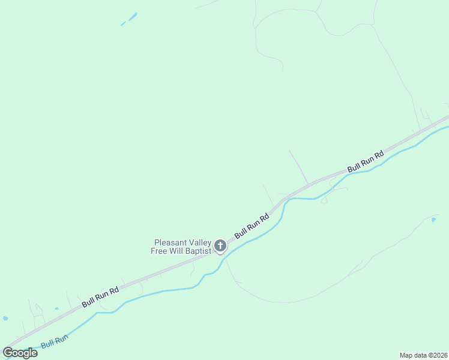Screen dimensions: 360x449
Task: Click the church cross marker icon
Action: [x=220, y=245]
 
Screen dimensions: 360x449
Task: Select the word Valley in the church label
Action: [x=199, y=242]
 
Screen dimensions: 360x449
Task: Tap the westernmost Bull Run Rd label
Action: [x=100, y=297]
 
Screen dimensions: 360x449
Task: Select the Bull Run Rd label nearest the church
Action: [x=252, y=225]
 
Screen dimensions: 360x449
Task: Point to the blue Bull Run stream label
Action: [x=55, y=342]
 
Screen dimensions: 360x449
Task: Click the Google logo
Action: [x=20, y=353]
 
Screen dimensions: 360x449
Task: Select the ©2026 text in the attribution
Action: [x=437, y=355]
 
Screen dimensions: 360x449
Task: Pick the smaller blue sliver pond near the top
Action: [x=123, y=24]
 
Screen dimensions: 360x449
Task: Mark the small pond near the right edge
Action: [x=433, y=220]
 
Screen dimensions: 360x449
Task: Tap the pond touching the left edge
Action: [x=5, y=318]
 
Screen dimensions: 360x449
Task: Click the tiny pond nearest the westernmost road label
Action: [x=56, y=309]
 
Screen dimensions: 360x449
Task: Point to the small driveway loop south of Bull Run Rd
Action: [x=324, y=200]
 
